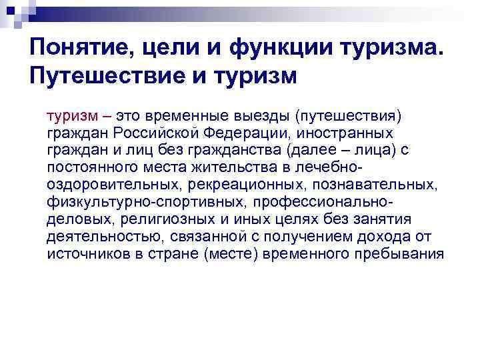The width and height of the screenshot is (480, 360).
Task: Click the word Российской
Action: [143, 132]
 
